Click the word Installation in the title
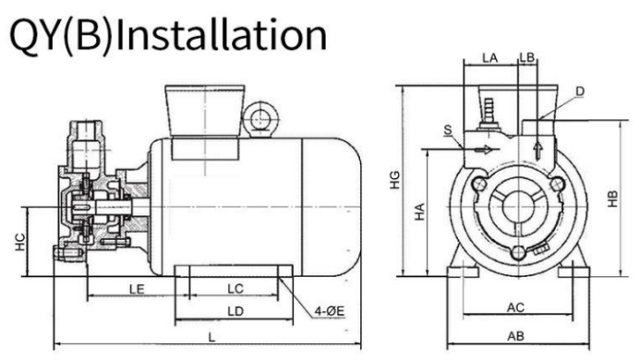220,35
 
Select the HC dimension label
20,242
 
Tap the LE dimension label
137,290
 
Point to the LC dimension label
235,289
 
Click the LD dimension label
235,312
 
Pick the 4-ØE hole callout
330,312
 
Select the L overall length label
211,338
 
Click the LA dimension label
490,58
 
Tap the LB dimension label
527,57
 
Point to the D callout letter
580,91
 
